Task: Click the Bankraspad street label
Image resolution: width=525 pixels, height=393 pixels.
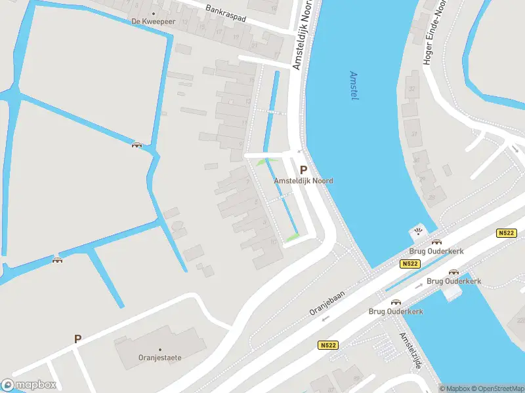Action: pyautogui.click(x=225, y=14)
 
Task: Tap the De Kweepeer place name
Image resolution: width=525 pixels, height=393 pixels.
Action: pyautogui.click(x=154, y=21)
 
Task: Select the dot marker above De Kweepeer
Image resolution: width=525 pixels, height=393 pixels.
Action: pyautogui.click(x=154, y=12)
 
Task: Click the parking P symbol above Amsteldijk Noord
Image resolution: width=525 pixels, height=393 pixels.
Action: pyautogui.click(x=303, y=169)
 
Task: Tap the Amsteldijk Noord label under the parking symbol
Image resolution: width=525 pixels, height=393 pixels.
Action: pyautogui.click(x=303, y=181)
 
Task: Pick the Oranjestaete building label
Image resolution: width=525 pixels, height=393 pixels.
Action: pyautogui.click(x=159, y=358)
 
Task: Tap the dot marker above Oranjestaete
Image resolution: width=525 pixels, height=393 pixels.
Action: pyautogui.click(x=159, y=349)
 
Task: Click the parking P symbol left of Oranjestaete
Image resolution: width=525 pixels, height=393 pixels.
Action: pyautogui.click(x=77, y=339)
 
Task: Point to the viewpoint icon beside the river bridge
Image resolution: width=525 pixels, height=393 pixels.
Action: pyautogui.click(x=418, y=231)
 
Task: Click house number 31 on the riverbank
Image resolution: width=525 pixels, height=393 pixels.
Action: pyautogui.click(x=414, y=134)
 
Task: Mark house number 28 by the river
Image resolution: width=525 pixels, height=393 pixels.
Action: pyautogui.click(x=432, y=196)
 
